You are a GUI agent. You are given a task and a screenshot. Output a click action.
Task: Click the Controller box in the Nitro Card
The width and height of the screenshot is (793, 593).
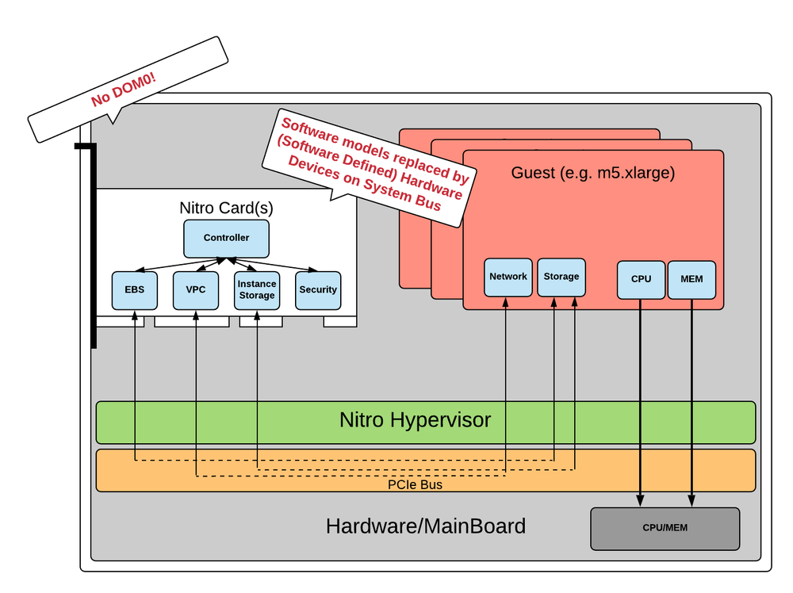[x=227, y=238]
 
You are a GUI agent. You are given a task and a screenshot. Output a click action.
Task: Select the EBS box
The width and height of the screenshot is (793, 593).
[x=135, y=290]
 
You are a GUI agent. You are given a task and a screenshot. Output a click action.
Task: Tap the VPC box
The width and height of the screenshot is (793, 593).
[x=196, y=290]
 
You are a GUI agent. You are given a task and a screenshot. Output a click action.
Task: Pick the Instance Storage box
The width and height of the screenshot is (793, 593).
[x=257, y=290]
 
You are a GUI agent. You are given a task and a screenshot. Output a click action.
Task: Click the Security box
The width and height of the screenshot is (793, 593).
[x=318, y=290]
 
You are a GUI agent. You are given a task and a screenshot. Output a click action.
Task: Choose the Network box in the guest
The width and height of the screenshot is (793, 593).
[x=508, y=277]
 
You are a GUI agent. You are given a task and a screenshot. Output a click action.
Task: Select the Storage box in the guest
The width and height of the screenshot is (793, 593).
[x=561, y=277]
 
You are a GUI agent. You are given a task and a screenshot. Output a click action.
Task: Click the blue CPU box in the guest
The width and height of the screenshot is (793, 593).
[x=641, y=279]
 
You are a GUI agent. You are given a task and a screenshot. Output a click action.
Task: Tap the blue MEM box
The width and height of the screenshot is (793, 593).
[x=691, y=279]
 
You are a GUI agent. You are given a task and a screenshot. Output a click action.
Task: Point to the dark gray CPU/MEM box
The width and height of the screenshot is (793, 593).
[x=665, y=529]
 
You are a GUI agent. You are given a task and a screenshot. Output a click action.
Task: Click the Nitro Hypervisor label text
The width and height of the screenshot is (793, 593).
[x=416, y=420]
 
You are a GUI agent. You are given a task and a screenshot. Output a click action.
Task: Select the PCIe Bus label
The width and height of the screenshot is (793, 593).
[x=415, y=484]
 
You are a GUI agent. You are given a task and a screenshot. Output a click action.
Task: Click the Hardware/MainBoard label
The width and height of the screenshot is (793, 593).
[x=425, y=526]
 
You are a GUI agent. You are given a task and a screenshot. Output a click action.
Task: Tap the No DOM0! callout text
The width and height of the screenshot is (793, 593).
[x=124, y=89]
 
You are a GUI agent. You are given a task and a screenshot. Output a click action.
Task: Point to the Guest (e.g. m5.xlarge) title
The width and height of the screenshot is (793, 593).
[x=592, y=173]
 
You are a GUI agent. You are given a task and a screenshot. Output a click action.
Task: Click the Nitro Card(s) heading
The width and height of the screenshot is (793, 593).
[x=227, y=208]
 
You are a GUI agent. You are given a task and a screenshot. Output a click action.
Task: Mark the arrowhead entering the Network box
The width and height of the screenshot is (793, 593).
[x=505, y=302]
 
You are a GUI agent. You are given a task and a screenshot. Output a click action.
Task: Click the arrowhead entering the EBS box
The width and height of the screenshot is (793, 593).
[x=135, y=315]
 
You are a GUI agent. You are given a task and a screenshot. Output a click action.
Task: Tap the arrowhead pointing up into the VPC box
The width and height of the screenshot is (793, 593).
[x=196, y=315]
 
